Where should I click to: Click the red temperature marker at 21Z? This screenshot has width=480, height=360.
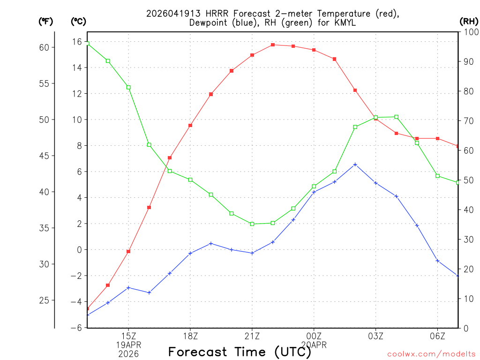point(252,55)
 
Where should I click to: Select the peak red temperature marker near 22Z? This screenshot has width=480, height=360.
point(273,45)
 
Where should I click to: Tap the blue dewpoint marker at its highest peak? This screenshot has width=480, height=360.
point(355,165)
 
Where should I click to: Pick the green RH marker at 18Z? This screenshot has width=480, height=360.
point(190,180)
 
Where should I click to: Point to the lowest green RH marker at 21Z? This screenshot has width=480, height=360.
point(252,224)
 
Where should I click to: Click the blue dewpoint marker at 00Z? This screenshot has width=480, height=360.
point(314,192)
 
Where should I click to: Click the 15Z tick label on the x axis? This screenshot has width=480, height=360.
point(128,336)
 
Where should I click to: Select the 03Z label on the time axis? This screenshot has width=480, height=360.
point(375,336)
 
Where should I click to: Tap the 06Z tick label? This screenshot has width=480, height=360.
point(437,336)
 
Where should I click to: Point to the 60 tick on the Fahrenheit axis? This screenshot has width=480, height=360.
point(45,47)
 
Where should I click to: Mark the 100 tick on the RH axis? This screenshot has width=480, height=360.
point(470,32)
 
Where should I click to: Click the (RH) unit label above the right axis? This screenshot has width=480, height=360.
point(469,21)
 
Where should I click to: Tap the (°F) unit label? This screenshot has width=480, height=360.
point(45,21)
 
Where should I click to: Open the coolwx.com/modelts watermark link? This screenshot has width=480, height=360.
point(431,354)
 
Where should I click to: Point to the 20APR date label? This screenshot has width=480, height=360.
point(314,345)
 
